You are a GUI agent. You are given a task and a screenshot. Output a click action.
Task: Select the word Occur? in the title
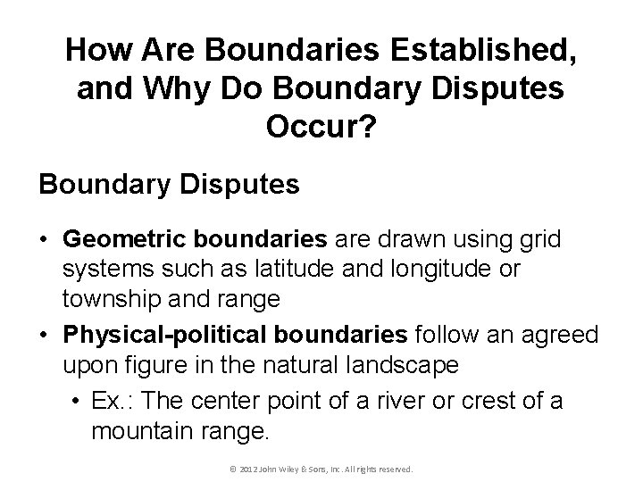point(321,130)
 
